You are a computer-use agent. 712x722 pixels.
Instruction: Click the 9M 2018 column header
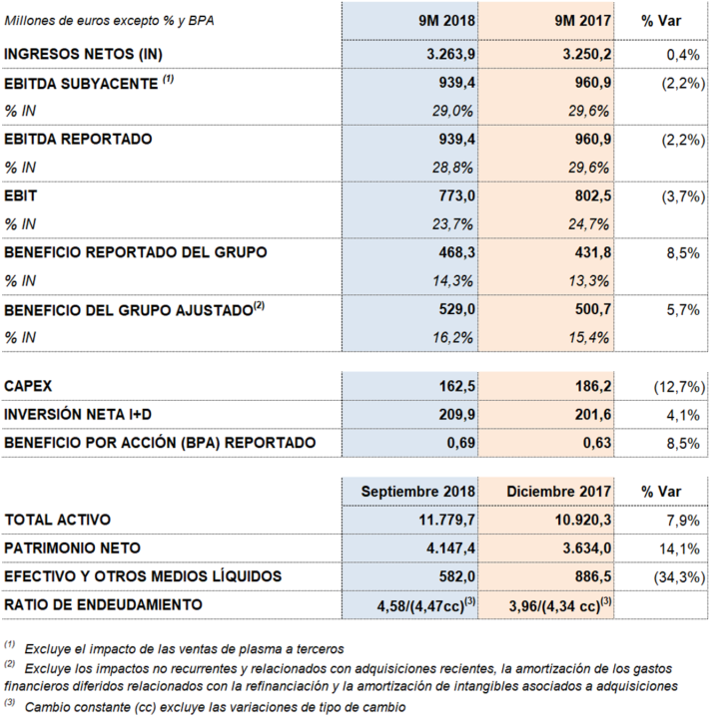446,21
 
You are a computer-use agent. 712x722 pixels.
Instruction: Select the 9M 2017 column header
582,21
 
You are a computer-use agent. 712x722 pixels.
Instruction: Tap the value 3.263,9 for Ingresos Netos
450,54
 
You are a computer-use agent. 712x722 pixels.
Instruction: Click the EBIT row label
20,196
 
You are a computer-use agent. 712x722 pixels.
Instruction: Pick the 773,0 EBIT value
456,196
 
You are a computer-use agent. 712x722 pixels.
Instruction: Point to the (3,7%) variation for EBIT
683,196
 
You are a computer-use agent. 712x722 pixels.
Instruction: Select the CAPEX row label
28,386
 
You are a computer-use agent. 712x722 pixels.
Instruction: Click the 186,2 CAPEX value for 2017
592,386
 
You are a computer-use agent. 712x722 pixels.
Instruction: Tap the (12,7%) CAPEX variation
679,387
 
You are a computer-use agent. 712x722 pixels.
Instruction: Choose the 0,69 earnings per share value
460,443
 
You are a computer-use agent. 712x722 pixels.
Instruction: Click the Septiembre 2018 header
417,492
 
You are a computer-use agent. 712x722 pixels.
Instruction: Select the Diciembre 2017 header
559,492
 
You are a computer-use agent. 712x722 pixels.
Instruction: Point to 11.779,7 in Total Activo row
446,520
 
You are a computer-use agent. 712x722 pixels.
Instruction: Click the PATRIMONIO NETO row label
73,547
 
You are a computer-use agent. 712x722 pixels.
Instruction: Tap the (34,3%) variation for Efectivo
679,577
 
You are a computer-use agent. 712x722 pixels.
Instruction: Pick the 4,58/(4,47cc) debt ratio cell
426,605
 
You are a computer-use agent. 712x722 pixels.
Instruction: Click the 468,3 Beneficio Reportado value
456,252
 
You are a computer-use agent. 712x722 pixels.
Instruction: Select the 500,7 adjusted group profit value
592,309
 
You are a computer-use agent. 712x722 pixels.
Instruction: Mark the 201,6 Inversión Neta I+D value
592,415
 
